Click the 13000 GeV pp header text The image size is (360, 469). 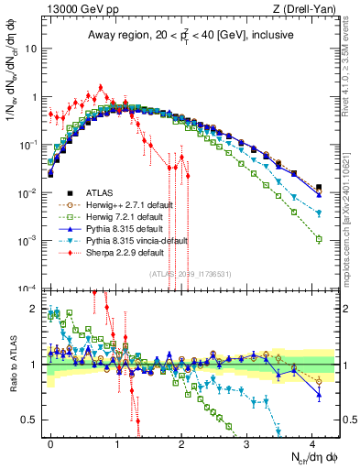coord(66,10)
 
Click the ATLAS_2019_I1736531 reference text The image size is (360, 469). coord(184,275)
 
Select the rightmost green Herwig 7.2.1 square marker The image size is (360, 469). coord(318,239)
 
